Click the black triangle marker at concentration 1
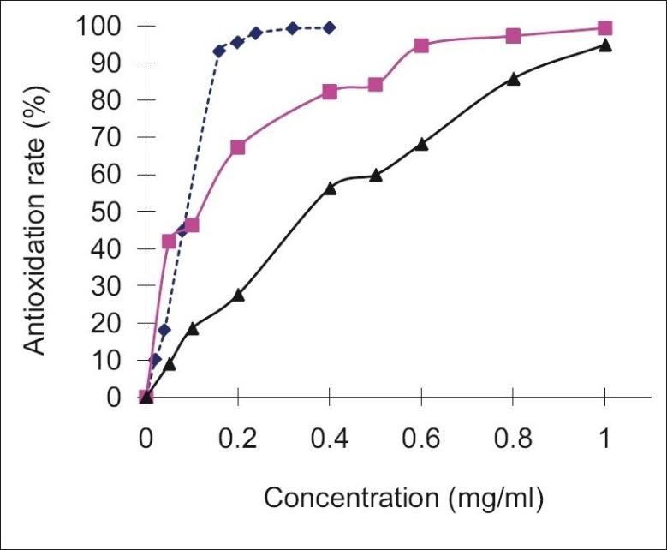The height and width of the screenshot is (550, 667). pos(605,45)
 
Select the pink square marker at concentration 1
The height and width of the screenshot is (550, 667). pos(605,28)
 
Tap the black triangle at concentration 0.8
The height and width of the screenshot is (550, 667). pos(514,79)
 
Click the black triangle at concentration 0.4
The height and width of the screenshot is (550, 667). pos(330,188)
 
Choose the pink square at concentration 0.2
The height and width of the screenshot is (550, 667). pos(238,147)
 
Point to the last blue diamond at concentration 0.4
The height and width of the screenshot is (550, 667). pos(330,28)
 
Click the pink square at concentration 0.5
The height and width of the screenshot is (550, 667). pos(375,85)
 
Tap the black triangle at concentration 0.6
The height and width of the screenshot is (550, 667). pos(421,144)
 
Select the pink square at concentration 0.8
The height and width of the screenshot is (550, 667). pos(514,36)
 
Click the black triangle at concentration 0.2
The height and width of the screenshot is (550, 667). pos(238,295)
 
